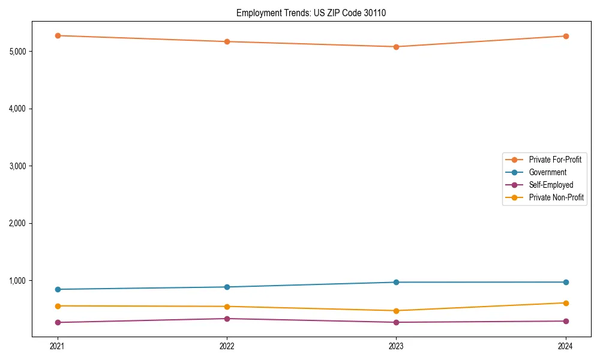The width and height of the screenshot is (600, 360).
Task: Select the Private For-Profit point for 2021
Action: (x=58, y=35)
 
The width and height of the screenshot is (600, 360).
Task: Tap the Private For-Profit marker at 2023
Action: (x=396, y=47)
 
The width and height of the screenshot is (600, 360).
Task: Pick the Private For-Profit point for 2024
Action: (x=566, y=36)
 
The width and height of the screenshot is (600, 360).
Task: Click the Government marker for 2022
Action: (x=227, y=287)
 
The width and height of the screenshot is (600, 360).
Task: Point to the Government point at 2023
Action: (x=396, y=282)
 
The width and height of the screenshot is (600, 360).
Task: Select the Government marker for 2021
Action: (x=58, y=289)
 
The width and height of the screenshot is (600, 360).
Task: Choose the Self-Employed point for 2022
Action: (x=227, y=319)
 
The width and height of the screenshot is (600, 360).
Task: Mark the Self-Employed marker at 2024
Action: (x=566, y=321)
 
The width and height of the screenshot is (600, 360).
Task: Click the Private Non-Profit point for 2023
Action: (x=396, y=311)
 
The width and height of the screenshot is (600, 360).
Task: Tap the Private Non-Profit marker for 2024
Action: (x=566, y=303)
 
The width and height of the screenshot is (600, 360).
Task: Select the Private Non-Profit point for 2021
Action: (x=58, y=306)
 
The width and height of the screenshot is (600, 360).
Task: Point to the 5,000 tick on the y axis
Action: (x=18, y=51)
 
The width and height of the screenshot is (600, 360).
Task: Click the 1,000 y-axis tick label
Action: (x=18, y=280)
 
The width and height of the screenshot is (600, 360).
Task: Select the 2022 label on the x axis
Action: (x=227, y=346)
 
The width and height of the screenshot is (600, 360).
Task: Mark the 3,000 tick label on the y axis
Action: (x=18, y=166)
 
